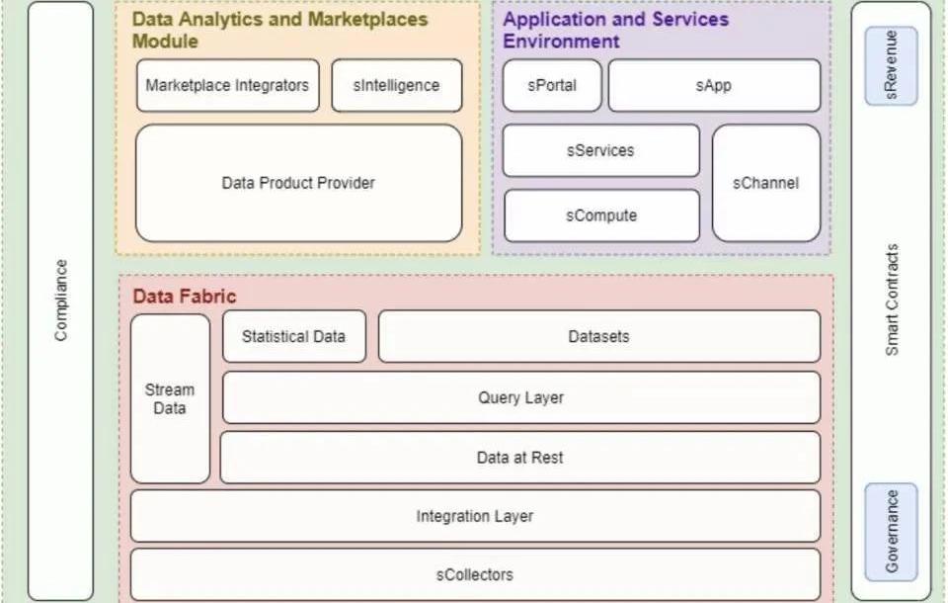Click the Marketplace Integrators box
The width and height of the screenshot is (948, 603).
pos(227,85)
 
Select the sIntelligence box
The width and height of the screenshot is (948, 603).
pos(396,85)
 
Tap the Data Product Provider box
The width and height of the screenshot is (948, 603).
pos(298,183)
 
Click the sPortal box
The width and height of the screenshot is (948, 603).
pos(551,85)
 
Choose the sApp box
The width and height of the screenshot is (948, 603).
pos(713,85)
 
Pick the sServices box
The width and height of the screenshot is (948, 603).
pos(600,151)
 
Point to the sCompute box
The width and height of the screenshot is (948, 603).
pos(600,215)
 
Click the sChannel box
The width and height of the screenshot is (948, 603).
pos(765,183)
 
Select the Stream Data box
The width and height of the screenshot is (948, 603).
pos(170,398)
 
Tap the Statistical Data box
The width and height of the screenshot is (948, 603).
pos(293,336)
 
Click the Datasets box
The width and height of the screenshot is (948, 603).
pos(598,336)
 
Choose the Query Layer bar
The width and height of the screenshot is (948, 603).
pos(520,397)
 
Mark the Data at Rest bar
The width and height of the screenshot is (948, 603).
pos(520,458)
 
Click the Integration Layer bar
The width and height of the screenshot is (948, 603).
pos(475,516)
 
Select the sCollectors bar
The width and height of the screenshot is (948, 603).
pos(475,574)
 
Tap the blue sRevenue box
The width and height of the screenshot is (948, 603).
pos(891,65)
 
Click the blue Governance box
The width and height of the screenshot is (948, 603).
pos(891,531)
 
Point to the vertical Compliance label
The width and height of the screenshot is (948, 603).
pos(61,301)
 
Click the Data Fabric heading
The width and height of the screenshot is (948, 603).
pos(185,297)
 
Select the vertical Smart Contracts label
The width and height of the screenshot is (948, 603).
pos(892,301)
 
